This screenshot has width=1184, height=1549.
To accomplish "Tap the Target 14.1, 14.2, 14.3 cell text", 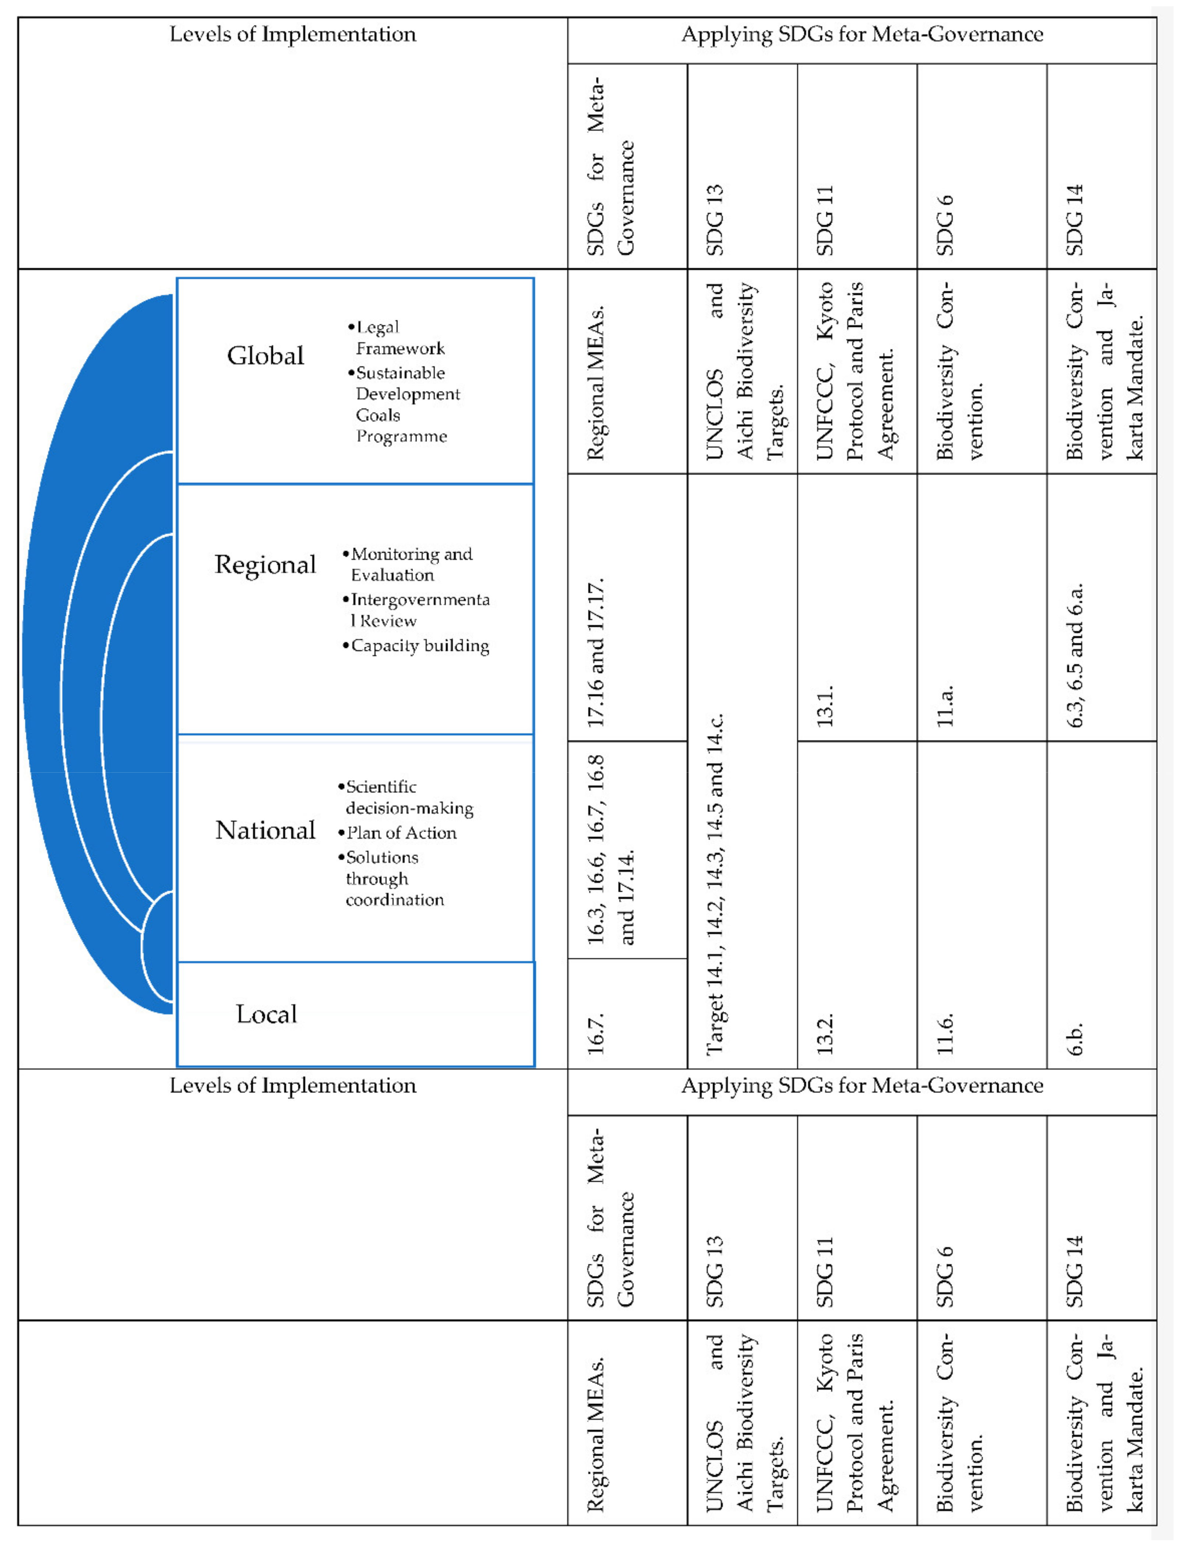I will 715,885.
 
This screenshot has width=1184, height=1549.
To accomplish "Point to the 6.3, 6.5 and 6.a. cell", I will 1075,655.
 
